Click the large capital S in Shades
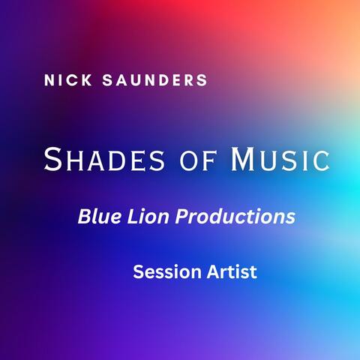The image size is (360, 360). coord(52,158)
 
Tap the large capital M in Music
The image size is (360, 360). coord(244,158)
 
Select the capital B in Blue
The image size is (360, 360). coord(82,217)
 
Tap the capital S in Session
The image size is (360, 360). coord(138,271)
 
